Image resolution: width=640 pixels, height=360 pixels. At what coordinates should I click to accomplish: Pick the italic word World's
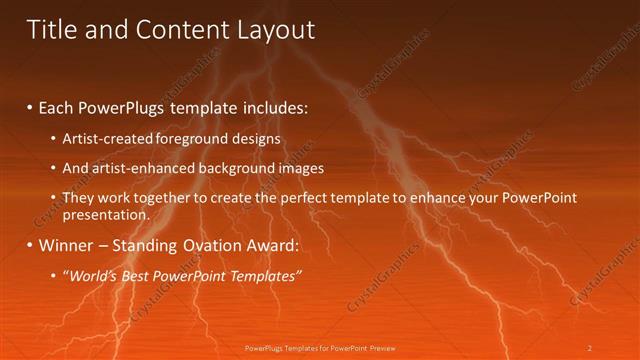pos(92,275)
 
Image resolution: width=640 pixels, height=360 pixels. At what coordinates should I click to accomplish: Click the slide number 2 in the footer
pos(590,348)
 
